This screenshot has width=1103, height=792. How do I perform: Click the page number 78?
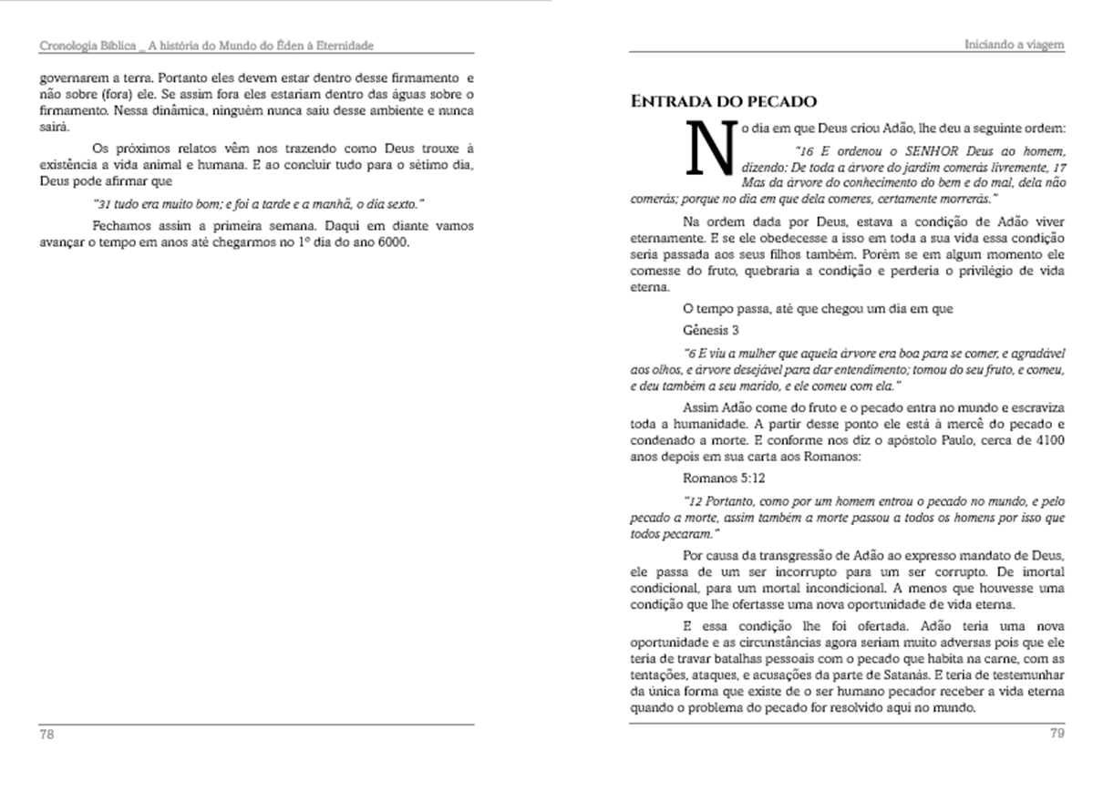click(46, 735)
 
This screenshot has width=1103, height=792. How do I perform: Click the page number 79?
click(1057, 735)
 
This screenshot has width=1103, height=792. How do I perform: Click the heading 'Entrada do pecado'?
click(724, 101)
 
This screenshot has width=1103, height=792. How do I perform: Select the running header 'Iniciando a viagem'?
click(1015, 45)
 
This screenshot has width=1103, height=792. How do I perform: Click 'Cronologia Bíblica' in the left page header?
click(88, 45)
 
